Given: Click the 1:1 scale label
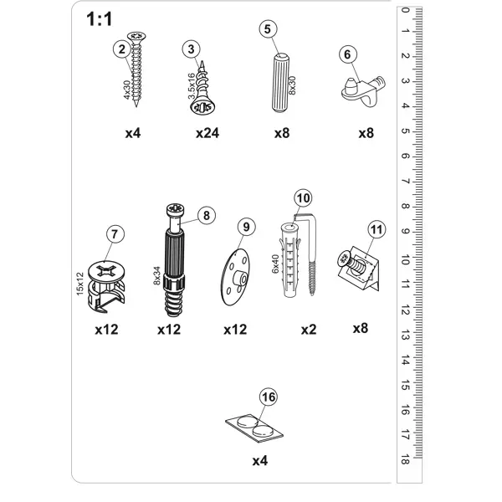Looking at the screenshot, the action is coord(100,19).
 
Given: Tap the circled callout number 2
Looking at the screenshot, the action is coord(121,49).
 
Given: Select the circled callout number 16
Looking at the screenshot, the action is coord(269,397).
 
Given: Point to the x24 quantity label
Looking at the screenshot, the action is coord(207,133).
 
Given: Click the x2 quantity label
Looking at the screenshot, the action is coord(309,330).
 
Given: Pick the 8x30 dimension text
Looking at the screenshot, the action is coord(292,85).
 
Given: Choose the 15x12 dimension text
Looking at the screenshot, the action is coord(79,284).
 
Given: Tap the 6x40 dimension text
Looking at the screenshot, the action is coord(275,264).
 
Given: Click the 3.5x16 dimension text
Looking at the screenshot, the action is coord(192,86).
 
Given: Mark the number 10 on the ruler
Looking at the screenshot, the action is coord(405,259).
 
